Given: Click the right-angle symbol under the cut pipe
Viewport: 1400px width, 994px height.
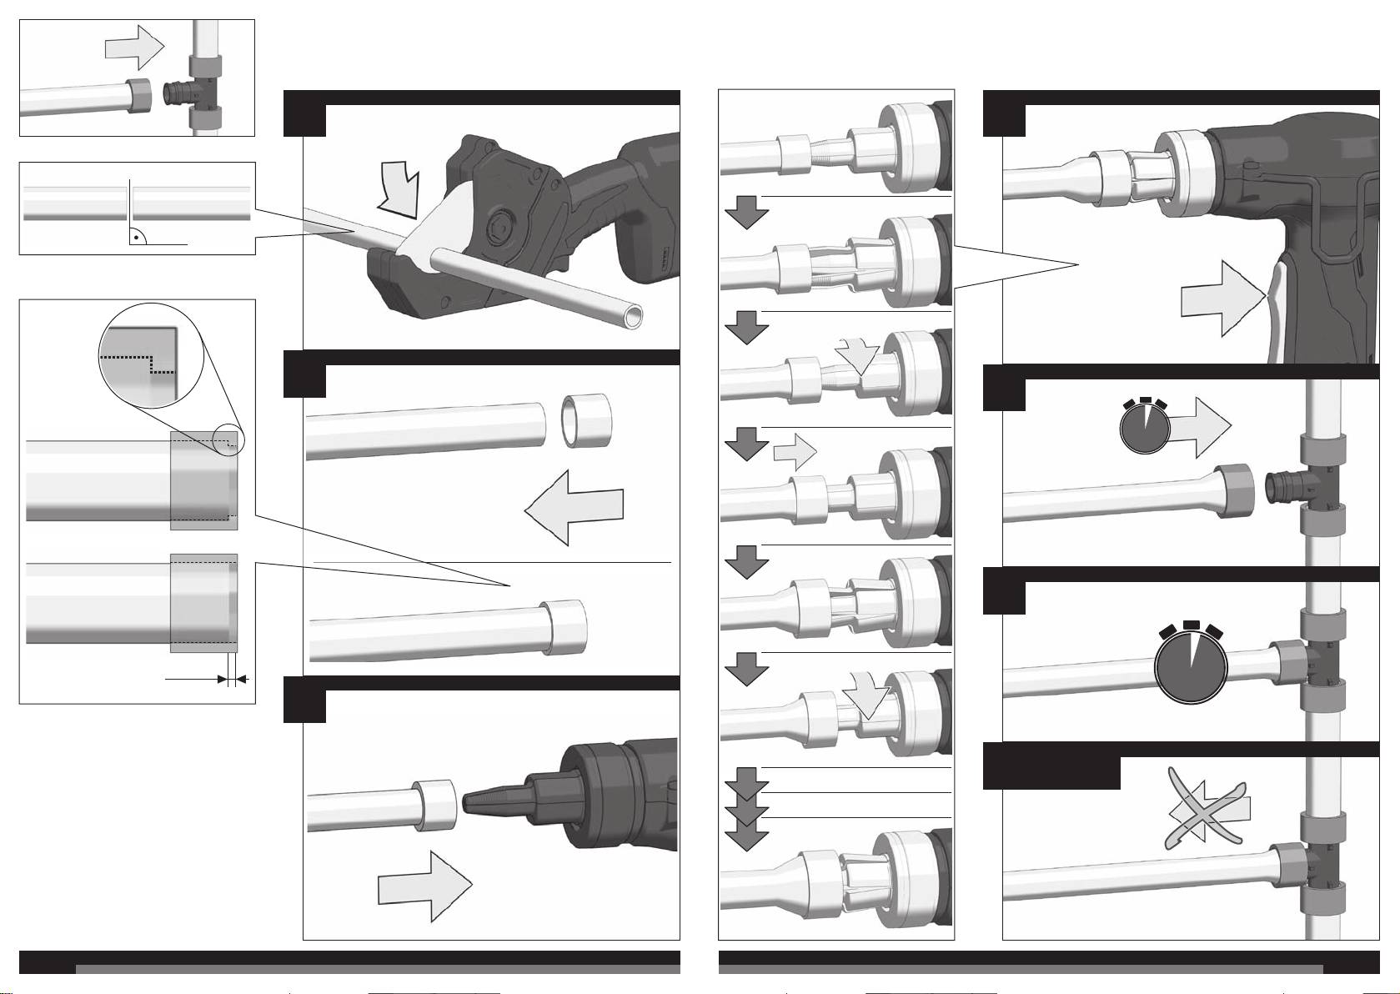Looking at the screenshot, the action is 136,238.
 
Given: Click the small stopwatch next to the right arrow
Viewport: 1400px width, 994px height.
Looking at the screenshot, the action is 1144,426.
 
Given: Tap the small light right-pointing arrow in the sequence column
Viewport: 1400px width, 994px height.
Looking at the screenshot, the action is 794,453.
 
